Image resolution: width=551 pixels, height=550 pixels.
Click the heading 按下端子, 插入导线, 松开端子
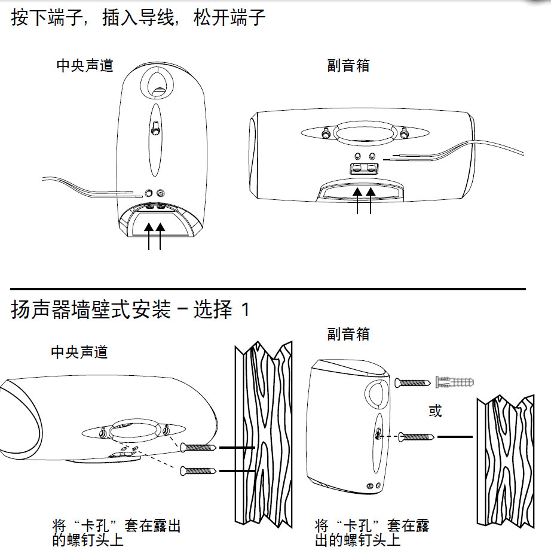point(138,17)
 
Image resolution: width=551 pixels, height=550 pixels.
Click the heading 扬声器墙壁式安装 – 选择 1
point(130,309)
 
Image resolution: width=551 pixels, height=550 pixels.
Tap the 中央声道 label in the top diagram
point(85,66)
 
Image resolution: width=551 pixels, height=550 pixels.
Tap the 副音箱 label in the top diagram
point(348,66)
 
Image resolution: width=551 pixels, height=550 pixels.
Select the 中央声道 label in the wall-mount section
point(79,353)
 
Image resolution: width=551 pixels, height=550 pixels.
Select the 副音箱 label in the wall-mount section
point(348,334)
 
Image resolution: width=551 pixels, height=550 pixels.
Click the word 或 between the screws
point(435,411)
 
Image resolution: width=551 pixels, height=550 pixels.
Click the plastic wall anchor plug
point(455,382)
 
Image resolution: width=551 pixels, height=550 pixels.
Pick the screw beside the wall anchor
point(412,382)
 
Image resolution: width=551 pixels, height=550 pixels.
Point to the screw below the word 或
point(417,437)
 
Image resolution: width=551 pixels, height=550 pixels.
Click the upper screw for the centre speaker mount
point(198,448)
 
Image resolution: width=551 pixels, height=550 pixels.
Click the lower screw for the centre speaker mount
point(198,471)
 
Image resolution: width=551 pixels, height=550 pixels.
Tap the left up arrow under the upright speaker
point(149,236)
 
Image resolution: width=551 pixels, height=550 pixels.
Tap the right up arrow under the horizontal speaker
point(371,201)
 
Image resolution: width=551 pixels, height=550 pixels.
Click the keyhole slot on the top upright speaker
point(155,127)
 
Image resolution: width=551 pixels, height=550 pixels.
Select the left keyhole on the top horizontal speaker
point(326,132)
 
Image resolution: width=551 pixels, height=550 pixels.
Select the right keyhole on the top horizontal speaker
point(404,132)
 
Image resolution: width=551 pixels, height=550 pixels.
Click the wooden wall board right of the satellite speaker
point(506,461)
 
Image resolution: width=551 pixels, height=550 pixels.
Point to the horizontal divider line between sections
point(268,289)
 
